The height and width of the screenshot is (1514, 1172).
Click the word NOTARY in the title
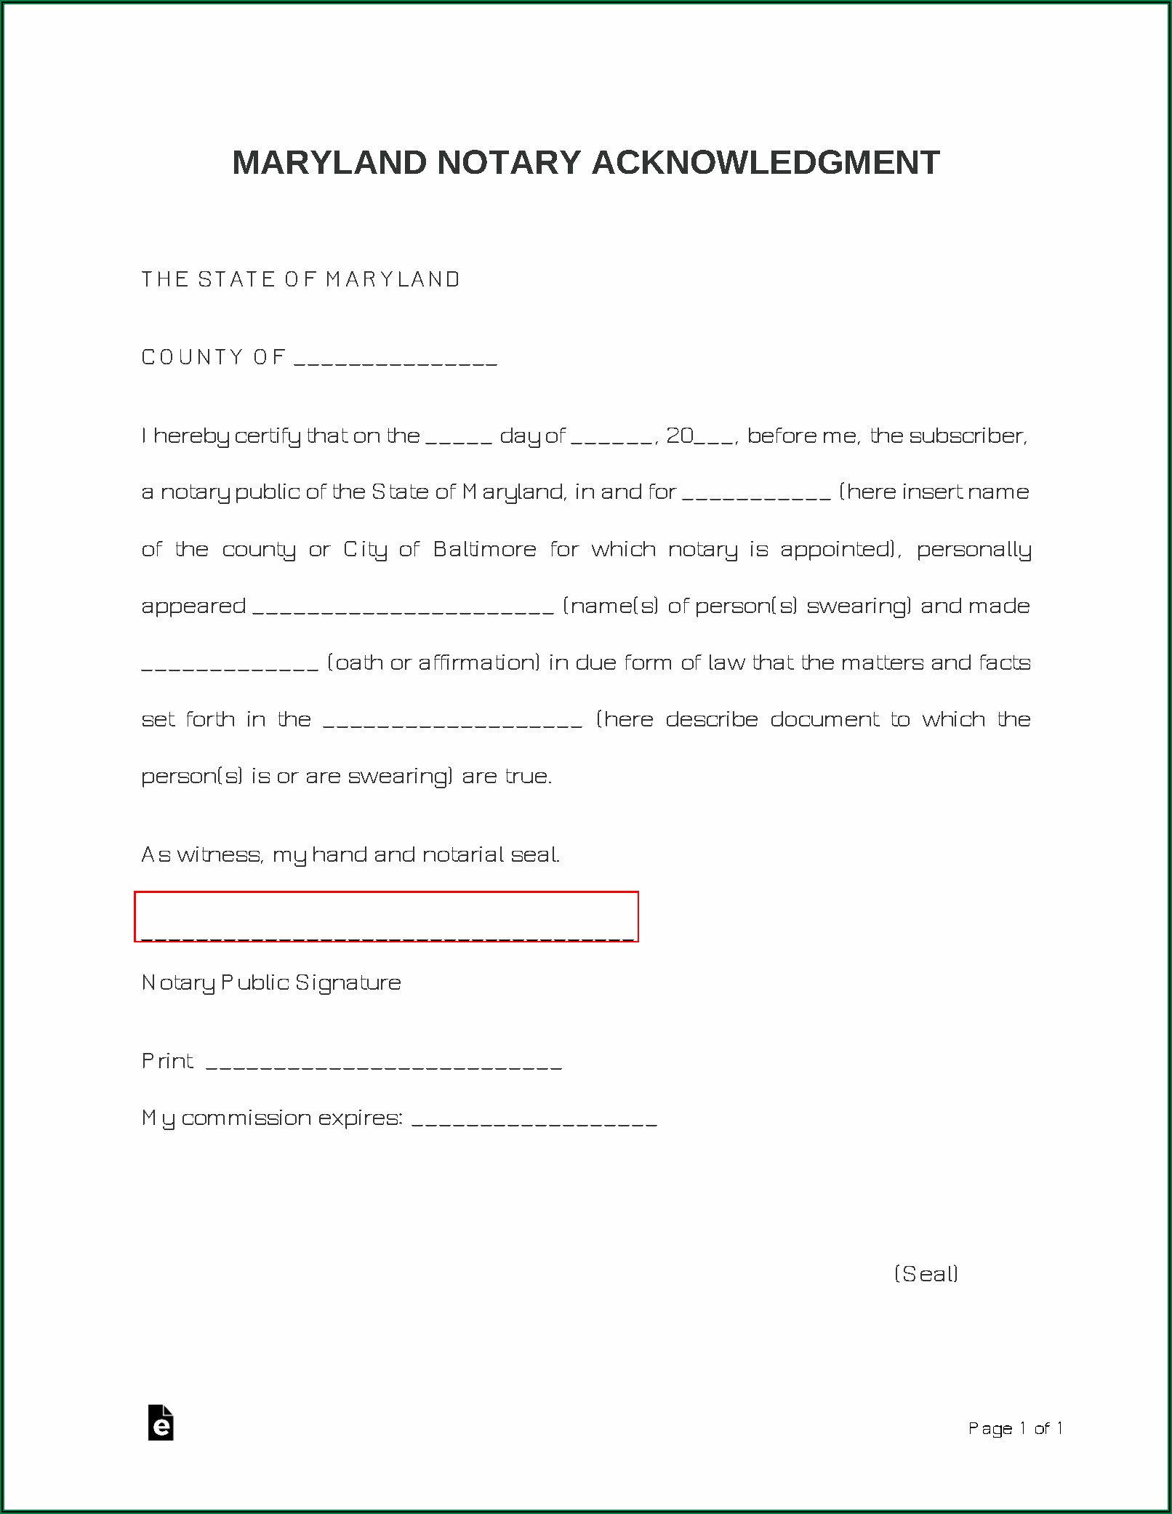pos(509,163)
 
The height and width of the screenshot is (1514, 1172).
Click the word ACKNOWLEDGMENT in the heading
pos(766,163)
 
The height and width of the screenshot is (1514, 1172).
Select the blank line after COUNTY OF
pos(396,360)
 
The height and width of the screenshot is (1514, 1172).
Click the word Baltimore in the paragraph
pos(484,549)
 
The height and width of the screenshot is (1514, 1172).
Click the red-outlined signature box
pos(386,916)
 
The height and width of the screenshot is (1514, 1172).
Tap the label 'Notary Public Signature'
pos(271,983)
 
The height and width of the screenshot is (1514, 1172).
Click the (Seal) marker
pos(926,1273)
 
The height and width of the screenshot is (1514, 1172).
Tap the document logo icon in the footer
pos(161,1422)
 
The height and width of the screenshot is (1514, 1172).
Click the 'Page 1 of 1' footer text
pos(1015,1428)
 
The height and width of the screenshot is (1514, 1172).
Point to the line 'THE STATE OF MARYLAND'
pos(300,279)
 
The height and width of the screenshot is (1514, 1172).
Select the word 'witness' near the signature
pos(219,854)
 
